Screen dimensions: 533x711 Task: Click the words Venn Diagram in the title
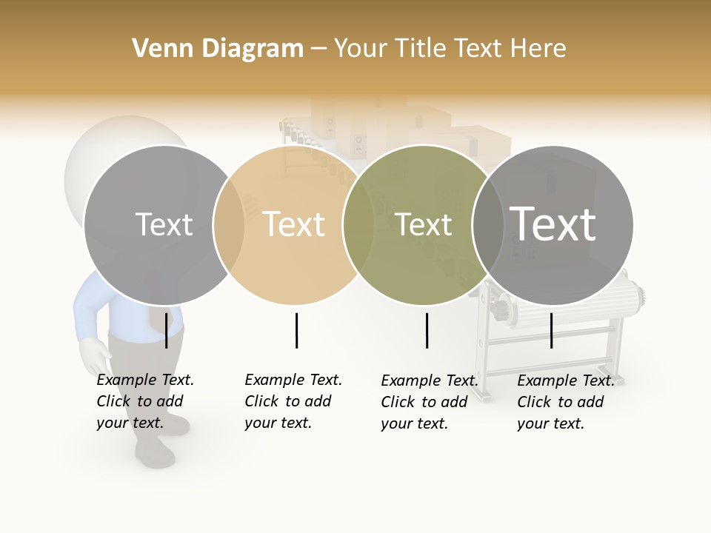218,49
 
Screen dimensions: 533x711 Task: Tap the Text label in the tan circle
294,224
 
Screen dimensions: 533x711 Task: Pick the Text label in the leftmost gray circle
164,224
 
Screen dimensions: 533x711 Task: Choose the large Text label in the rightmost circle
553,224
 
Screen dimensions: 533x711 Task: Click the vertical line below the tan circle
296,330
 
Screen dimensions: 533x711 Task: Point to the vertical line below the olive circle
427,330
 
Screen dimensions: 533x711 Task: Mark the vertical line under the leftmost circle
166,330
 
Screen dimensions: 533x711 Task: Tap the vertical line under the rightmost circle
551,330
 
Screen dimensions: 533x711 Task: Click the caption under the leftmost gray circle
145,401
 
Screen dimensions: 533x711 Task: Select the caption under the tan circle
293,401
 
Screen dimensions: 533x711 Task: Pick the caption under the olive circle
430,402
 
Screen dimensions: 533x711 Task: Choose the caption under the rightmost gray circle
566,402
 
